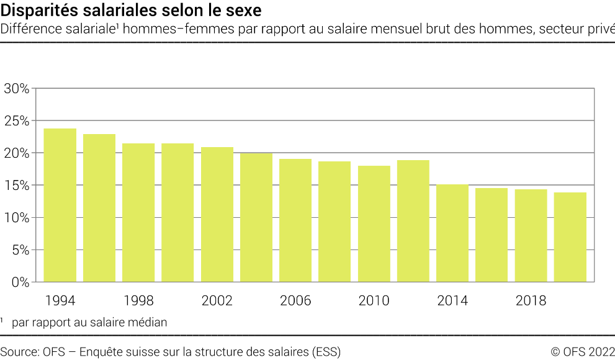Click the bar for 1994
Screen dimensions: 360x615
point(60,205)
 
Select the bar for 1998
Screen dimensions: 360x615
point(138,212)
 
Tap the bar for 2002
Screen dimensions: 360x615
point(217,214)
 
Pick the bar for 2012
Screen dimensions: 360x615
point(413,220)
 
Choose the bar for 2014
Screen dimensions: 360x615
point(452,233)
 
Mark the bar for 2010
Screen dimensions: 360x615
point(374,223)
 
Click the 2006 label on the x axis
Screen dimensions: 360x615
point(295,301)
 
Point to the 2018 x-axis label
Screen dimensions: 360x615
point(531,301)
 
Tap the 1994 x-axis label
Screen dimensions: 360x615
point(60,301)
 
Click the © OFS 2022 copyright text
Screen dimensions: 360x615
point(582,352)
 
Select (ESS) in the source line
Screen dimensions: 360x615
point(327,352)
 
